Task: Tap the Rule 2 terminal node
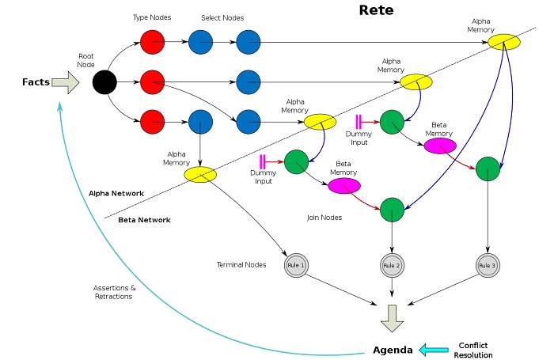point(392,265)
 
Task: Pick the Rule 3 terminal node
point(488,265)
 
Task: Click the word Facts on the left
point(36,81)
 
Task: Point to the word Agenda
point(393,349)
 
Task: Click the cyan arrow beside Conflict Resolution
point(434,349)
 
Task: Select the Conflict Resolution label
point(474,349)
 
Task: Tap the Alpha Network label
point(116,192)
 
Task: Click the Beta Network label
point(143,219)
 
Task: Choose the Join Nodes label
point(324,216)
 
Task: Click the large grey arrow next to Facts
point(67,81)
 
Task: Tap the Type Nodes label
point(151,17)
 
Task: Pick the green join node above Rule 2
point(392,210)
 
